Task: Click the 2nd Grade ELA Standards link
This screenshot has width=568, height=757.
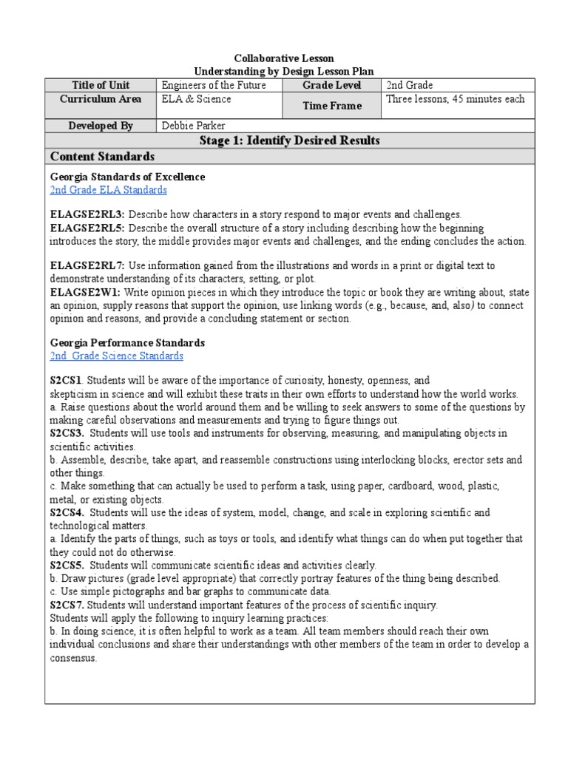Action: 108,190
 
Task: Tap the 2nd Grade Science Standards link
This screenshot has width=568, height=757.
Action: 116,356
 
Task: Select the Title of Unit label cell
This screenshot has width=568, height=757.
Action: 101,86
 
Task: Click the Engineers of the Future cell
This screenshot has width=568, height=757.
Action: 213,86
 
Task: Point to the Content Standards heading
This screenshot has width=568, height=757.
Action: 102,156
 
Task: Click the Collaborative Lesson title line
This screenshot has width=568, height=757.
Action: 284,58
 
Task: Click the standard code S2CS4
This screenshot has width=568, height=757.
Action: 67,512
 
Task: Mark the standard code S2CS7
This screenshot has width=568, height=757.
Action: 67,605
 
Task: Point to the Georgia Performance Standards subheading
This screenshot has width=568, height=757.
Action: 127,343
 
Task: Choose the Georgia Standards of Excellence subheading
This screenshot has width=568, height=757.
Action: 127,177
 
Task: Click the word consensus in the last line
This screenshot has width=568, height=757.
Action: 73,658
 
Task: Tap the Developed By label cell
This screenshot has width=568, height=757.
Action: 101,126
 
